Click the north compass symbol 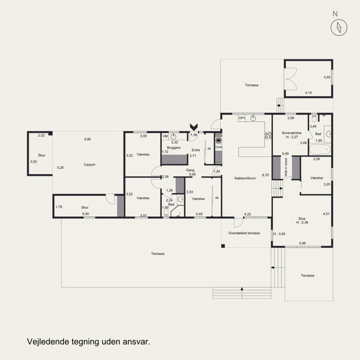(339, 27)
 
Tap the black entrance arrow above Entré (194, 127)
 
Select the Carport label (89, 165)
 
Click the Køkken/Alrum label (245, 178)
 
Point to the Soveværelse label (292, 133)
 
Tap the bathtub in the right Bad (320, 149)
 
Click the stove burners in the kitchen (268, 135)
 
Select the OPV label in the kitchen (242, 118)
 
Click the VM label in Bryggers (165, 136)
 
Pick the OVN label (219, 147)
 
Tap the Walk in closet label (286, 167)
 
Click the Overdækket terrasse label (244, 233)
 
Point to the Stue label (302, 219)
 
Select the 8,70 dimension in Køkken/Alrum (265, 175)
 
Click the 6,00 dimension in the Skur (85, 214)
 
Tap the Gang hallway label (190, 170)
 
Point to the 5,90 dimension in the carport (87, 139)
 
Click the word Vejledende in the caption (48, 342)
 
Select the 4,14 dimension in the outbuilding (308, 93)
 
